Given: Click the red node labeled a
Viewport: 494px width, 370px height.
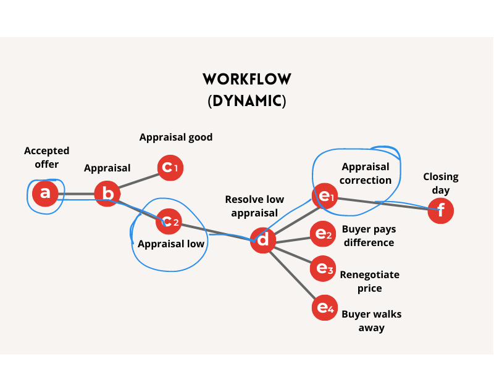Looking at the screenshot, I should click(x=45, y=194).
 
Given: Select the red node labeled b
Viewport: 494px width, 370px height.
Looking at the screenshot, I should click(x=107, y=194).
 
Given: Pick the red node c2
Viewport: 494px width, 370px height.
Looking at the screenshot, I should click(x=169, y=221).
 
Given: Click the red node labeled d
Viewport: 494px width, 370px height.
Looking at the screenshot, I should click(x=263, y=240).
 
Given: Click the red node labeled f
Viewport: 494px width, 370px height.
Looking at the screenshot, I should click(x=441, y=211).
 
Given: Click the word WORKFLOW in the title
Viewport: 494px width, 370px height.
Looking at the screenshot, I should click(x=247, y=80).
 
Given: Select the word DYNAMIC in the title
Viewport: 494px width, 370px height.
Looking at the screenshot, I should click(x=247, y=101).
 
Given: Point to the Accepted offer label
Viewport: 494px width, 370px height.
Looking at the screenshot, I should click(x=47, y=157).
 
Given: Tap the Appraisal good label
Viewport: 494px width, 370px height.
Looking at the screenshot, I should click(x=176, y=137).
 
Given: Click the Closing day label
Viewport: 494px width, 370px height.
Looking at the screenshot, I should click(x=441, y=183).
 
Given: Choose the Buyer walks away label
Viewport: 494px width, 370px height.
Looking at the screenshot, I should click(x=371, y=321).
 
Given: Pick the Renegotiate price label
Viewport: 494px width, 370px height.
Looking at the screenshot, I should click(x=370, y=281).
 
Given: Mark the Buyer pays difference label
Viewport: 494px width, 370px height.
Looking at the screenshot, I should click(x=369, y=236).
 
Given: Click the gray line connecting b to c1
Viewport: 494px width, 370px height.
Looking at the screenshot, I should click(x=139, y=181).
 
